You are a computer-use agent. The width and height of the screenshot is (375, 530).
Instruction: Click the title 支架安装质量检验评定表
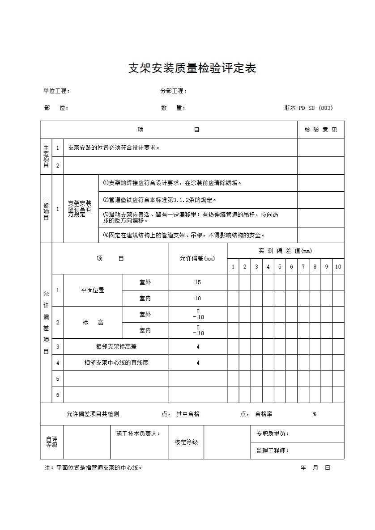click(x=192, y=68)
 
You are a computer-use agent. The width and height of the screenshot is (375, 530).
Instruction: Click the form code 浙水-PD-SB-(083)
click(x=308, y=108)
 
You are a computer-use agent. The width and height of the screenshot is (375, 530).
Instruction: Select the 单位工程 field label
click(x=56, y=91)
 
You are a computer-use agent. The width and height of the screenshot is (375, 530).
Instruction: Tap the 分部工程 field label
click(x=173, y=91)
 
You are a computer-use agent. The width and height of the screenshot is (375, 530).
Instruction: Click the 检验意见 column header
click(x=321, y=130)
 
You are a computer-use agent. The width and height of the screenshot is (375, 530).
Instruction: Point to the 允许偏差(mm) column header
click(x=197, y=258)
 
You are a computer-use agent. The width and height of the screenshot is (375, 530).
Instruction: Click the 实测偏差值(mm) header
click(x=286, y=251)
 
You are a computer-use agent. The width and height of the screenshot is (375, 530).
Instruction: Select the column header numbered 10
click(x=338, y=266)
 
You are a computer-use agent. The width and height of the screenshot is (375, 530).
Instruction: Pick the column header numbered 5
click(x=280, y=266)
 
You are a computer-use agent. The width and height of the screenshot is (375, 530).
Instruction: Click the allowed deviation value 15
click(x=198, y=282)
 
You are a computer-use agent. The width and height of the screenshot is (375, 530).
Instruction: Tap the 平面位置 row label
click(x=93, y=290)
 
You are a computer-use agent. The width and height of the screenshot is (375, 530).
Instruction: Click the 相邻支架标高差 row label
click(x=116, y=346)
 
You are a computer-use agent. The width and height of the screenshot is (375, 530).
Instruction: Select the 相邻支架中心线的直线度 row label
click(x=116, y=363)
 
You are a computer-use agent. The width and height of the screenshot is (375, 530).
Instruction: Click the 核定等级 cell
click(x=186, y=442)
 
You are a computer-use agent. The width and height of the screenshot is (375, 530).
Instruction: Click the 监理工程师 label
click(x=272, y=450)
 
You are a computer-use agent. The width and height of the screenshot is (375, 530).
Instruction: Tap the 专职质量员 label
click(x=272, y=433)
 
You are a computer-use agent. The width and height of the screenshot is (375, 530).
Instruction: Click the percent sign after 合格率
click(x=315, y=414)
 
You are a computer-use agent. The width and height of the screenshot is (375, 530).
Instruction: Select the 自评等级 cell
click(x=52, y=442)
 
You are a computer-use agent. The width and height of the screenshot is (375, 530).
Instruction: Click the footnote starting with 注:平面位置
click(x=94, y=468)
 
